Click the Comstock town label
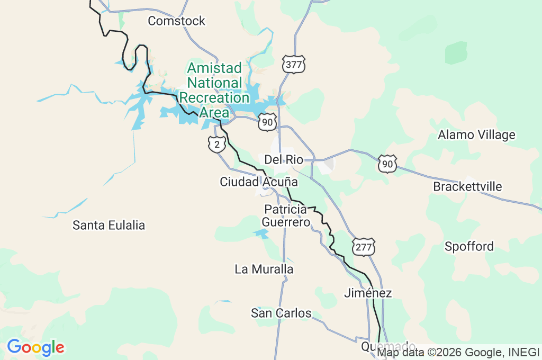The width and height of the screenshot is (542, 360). coord(176,21)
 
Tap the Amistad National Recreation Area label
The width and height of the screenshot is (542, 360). coord(214,90)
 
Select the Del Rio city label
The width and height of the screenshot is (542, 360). coord(283,159)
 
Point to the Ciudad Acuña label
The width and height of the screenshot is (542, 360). coord(258,182)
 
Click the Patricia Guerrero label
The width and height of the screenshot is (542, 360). coord(286,216)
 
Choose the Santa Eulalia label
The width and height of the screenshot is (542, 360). coord(109,225)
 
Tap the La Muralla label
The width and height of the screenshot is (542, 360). coord(264,269)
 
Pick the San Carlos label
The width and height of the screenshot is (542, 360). coord(281,313)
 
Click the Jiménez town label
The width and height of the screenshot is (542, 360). coord(368,293)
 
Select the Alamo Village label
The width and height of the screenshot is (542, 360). coord(476,134)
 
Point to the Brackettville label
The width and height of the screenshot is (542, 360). coord(467,186)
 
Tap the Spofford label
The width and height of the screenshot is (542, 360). coord(469,246)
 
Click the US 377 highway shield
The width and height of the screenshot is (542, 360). coord(294,64)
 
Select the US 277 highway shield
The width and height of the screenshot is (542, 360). coord(363,247)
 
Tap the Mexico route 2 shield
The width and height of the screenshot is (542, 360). coord(217,143)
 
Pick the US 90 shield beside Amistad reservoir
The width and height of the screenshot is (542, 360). coord(268,122)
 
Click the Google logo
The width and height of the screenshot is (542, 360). coord(35,347)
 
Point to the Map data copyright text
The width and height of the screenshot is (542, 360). coord(458,352)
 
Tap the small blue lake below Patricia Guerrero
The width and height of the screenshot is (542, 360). coord(262,234)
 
